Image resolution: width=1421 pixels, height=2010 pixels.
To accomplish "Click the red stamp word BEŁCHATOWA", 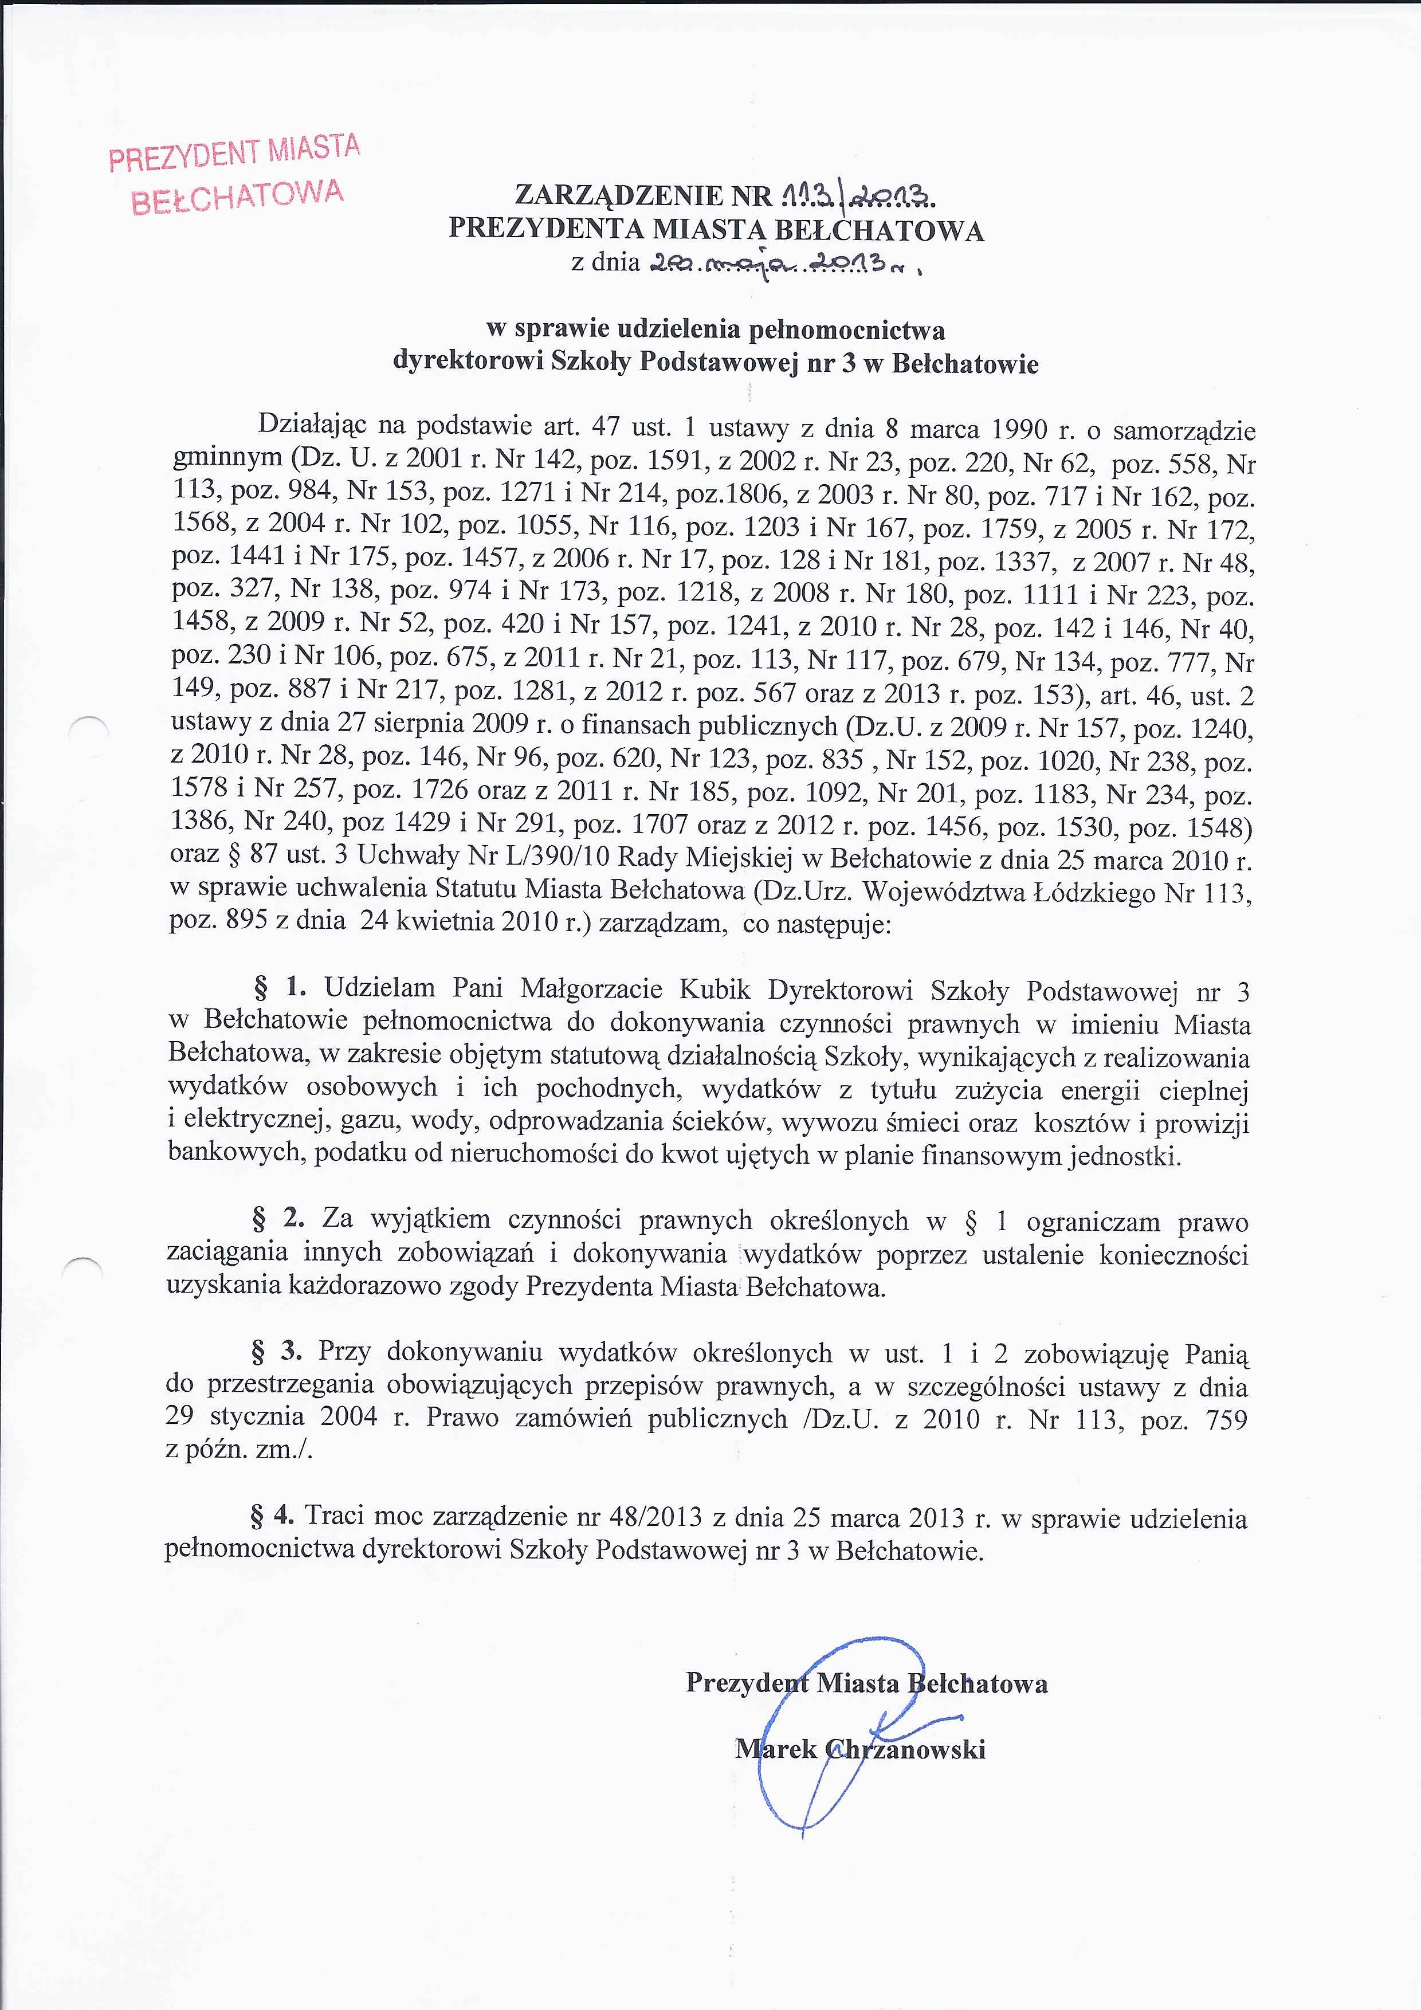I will point(237,197).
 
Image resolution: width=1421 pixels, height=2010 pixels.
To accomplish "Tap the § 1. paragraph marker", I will point(279,987).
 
